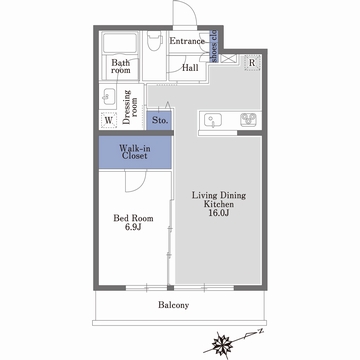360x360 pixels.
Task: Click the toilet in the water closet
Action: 154,41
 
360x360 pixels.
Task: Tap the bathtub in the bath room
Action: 120,43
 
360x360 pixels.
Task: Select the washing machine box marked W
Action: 109,120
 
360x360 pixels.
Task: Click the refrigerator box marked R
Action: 252,62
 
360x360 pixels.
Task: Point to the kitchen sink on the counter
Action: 211,121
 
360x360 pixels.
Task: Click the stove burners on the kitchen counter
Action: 248,120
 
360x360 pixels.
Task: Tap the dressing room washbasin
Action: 108,97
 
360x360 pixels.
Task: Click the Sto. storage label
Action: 160,120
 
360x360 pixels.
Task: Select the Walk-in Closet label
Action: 135,152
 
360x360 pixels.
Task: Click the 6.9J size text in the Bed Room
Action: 133,228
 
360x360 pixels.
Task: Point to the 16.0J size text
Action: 219,213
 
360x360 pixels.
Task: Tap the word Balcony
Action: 173,305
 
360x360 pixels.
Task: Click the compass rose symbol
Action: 222,343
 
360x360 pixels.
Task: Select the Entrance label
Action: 187,41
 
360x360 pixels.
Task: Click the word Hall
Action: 190,68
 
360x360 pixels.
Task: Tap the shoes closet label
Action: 214,46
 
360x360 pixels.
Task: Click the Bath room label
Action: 121,66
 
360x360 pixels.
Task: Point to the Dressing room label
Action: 130,107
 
